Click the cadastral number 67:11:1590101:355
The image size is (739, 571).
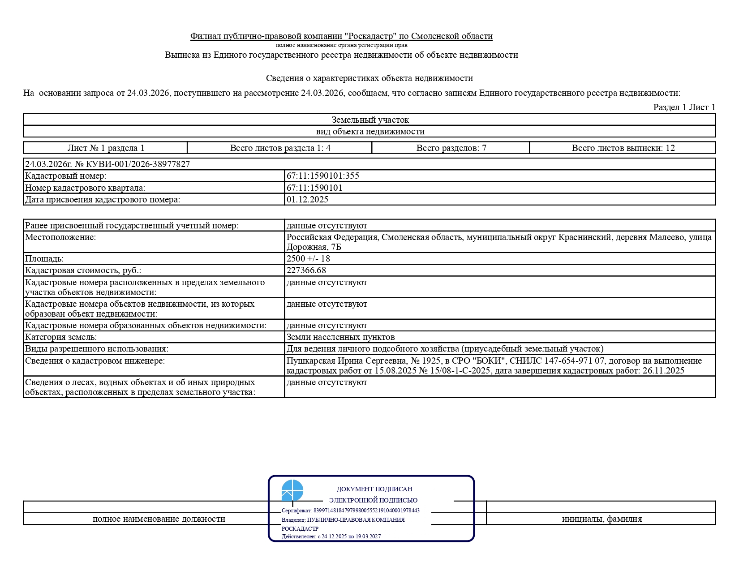(x=322, y=176)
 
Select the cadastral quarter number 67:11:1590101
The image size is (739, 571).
(x=314, y=188)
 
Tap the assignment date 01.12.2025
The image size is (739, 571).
(x=307, y=200)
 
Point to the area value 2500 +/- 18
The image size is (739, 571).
(x=308, y=259)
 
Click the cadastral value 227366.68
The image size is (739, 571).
(x=306, y=270)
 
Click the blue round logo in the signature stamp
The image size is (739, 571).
(x=292, y=490)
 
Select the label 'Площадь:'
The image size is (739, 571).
(x=44, y=259)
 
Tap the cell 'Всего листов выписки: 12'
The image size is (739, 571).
(x=623, y=148)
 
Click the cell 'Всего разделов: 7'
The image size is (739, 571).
(x=451, y=148)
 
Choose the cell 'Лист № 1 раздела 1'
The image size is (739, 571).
(x=106, y=148)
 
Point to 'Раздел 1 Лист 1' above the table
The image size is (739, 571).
(x=684, y=107)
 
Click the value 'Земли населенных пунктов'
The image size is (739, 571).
(x=340, y=337)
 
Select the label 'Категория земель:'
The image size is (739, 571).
(x=61, y=337)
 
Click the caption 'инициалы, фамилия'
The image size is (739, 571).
(x=602, y=519)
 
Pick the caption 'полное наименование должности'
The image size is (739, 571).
(x=159, y=519)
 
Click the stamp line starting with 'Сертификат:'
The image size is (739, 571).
(x=350, y=511)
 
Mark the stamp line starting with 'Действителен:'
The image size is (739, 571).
(x=331, y=537)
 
